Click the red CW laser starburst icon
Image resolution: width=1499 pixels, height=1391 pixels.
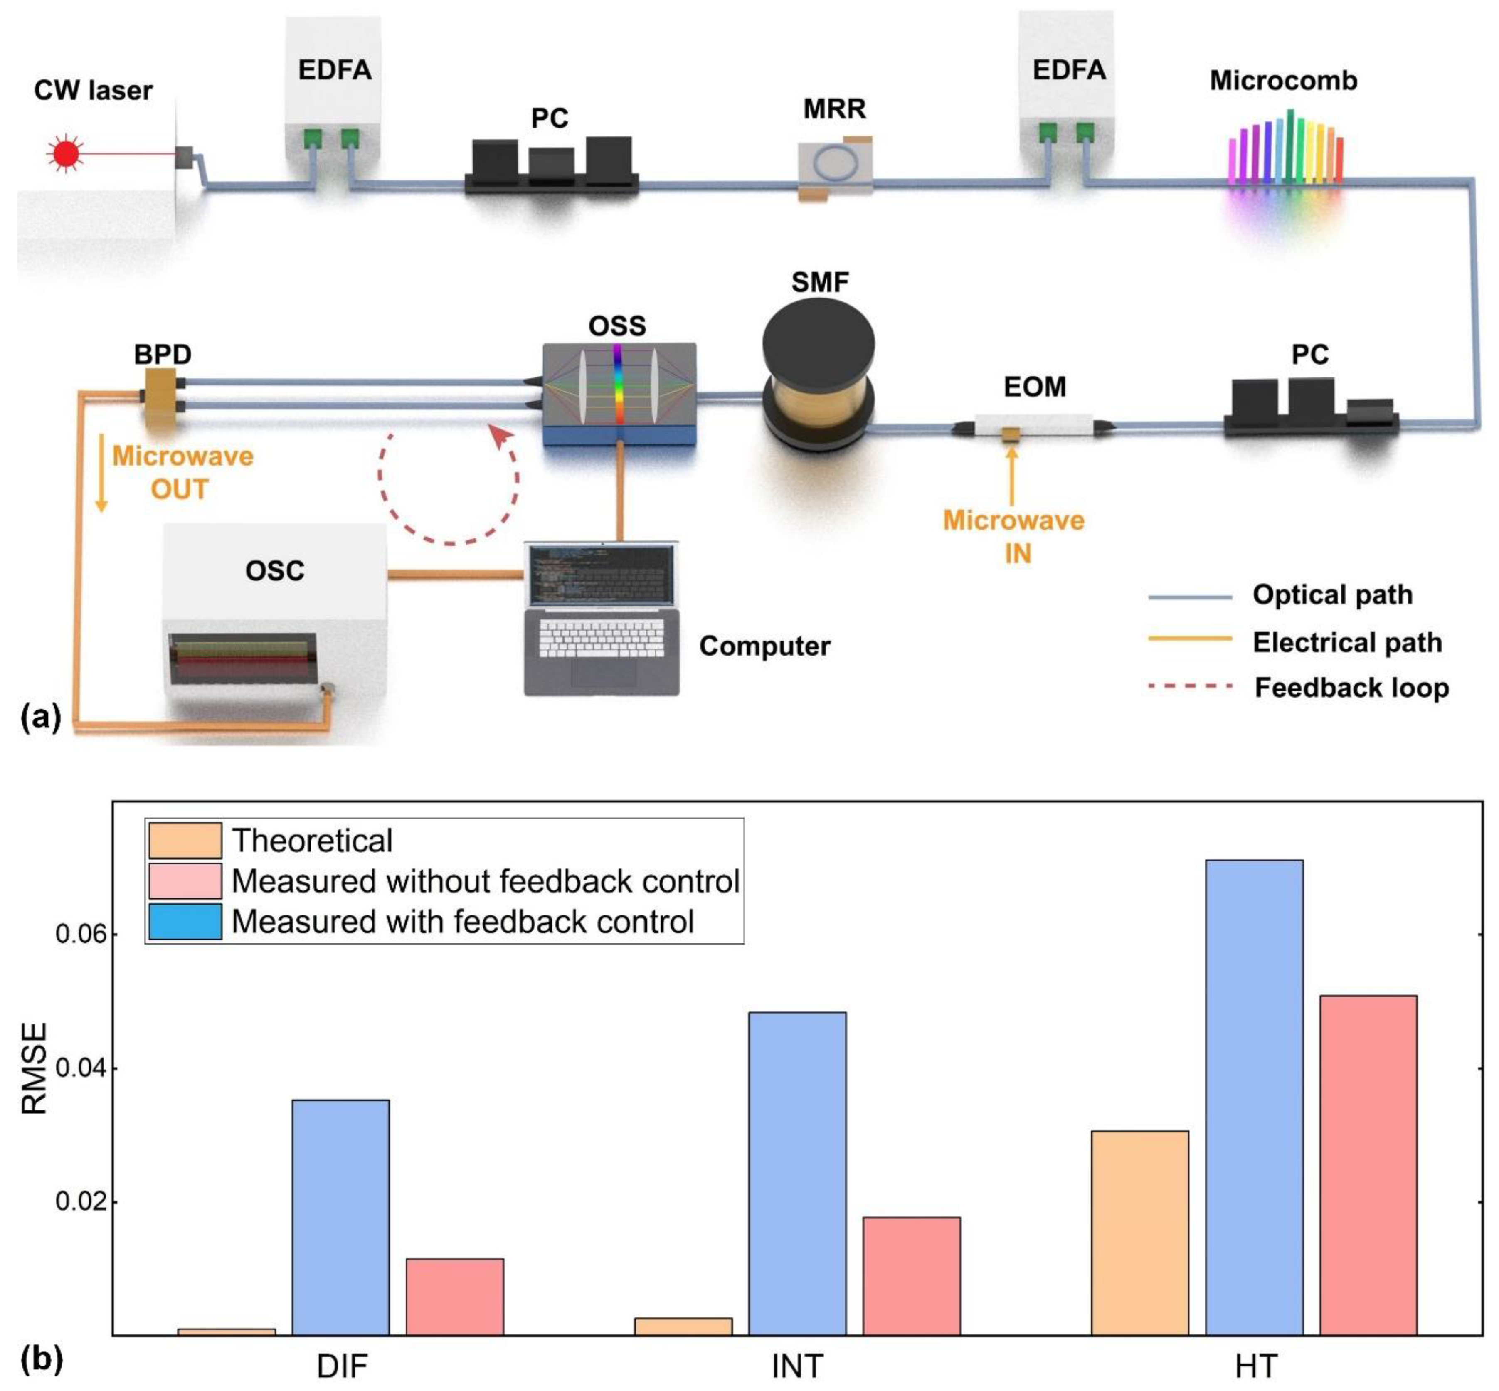(66, 154)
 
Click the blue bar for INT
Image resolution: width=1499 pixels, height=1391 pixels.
(797, 1174)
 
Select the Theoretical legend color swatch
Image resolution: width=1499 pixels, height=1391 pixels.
(185, 841)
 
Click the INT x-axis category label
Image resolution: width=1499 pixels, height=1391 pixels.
(797, 1365)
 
